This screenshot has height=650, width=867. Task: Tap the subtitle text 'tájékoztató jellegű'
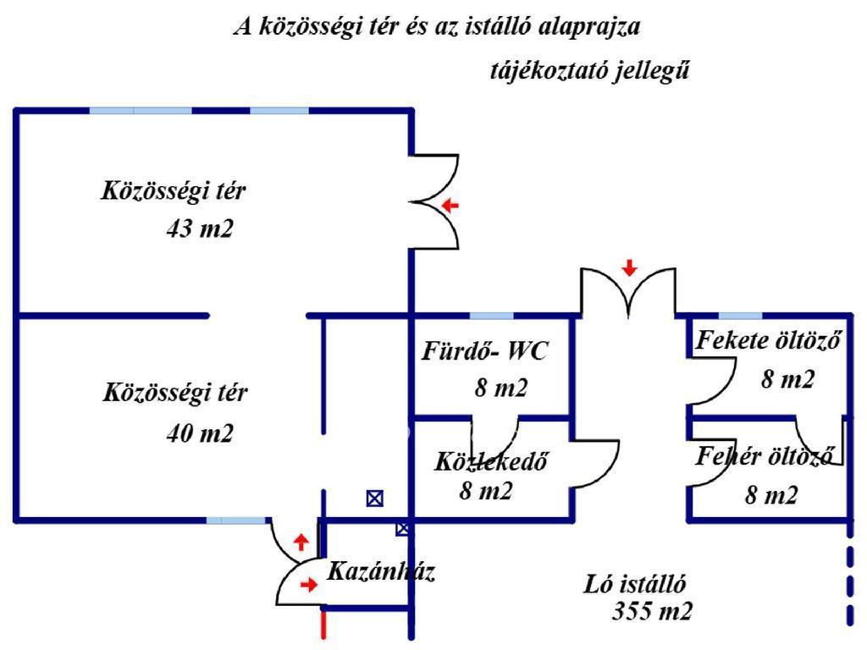(589, 71)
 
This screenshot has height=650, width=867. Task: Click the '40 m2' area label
(200, 433)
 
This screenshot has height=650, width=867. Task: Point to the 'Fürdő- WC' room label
(485, 351)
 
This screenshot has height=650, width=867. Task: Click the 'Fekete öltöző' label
(768, 342)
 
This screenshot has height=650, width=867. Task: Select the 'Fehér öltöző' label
(769, 457)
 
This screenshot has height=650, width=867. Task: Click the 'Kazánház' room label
(380, 571)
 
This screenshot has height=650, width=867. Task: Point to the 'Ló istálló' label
(635, 584)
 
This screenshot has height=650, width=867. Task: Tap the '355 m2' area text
(652, 611)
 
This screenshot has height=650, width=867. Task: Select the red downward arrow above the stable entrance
(629, 268)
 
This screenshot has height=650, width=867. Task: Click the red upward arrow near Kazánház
(301, 542)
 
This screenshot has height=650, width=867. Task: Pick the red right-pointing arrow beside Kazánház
(310, 584)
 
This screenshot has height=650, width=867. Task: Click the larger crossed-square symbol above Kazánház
(374, 499)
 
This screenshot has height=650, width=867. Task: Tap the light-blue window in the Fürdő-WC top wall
(491, 316)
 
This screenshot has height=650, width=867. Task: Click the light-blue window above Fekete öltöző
(740, 316)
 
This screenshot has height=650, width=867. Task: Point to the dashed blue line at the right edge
(849, 584)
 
